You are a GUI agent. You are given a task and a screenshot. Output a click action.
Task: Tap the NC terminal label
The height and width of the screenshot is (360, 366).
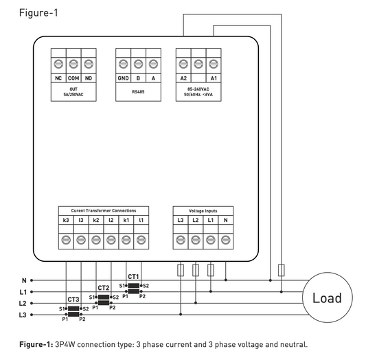(58, 78)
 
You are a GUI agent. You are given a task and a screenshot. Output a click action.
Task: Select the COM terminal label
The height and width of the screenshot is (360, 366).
(73, 78)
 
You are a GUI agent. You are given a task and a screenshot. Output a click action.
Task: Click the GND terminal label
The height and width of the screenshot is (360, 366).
(123, 78)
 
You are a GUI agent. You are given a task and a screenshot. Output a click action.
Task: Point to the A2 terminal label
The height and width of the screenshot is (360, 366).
(183, 78)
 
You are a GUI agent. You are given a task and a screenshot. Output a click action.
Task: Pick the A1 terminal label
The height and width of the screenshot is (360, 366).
(214, 78)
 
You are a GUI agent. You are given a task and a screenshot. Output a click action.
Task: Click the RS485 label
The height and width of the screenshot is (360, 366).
(138, 92)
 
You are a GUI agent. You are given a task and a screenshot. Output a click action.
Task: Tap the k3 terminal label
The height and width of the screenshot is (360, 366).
(66, 220)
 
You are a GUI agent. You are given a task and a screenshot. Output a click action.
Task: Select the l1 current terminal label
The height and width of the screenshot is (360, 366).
(141, 220)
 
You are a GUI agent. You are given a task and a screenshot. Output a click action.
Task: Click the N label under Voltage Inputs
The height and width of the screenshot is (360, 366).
(225, 220)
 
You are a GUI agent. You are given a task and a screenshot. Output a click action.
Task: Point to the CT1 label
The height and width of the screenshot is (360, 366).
(133, 277)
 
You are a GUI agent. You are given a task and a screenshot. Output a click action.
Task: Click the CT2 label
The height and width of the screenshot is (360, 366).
(104, 288)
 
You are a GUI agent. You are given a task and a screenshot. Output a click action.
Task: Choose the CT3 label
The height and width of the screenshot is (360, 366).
(73, 300)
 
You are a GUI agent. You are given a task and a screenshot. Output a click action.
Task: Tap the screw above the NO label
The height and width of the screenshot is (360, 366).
(89, 64)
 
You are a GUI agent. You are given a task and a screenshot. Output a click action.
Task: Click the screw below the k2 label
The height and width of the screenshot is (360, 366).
(96, 240)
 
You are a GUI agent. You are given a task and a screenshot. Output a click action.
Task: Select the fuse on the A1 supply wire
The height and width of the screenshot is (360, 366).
(282, 270)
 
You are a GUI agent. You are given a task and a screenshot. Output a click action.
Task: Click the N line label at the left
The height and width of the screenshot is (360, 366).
(24, 280)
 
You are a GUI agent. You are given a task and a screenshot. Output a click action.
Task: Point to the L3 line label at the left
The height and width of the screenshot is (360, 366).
(23, 315)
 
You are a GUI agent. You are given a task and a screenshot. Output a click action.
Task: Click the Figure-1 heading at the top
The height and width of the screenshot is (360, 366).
(38, 12)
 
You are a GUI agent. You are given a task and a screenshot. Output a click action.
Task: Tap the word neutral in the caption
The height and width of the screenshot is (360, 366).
(294, 344)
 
